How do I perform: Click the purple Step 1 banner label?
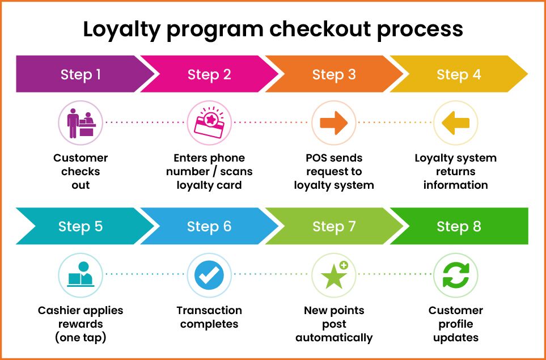(x=81, y=74)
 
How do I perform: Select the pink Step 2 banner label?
(x=209, y=74)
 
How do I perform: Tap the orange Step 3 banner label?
(x=334, y=74)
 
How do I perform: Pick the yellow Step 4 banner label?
(x=459, y=74)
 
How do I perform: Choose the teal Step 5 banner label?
(x=81, y=227)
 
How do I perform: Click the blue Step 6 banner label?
(x=209, y=227)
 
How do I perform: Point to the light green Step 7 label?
(x=334, y=227)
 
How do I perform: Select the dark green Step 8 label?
(x=459, y=227)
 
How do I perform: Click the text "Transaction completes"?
(x=209, y=317)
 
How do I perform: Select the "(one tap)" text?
(x=81, y=338)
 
